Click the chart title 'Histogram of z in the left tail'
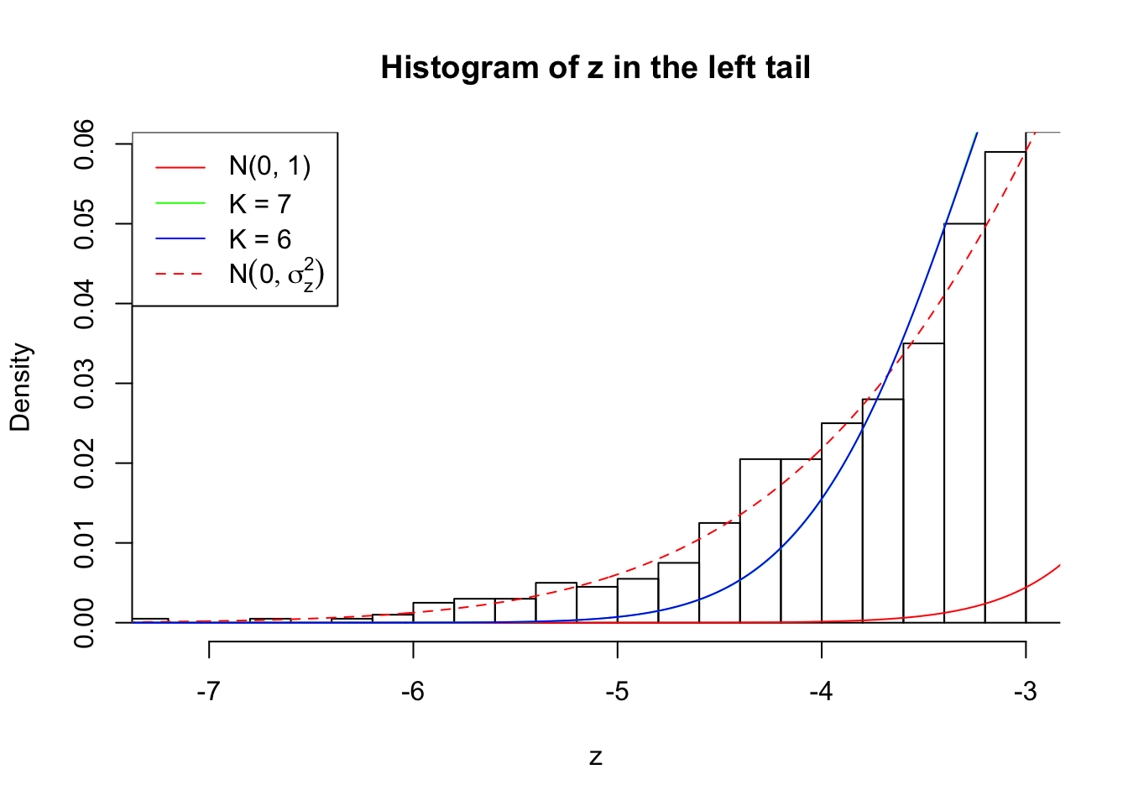tap(595, 68)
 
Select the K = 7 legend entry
tap(259, 203)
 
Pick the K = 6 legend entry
tap(259, 239)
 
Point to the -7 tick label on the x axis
tap(209, 692)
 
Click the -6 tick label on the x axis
tap(413, 692)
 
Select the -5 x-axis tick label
tap(617, 692)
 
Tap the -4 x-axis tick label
tap(821, 692)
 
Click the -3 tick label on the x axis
tap(1025, 692)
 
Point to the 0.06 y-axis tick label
tap(85, 144)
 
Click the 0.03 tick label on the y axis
tap(85, 384)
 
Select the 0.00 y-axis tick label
tap(85, 622)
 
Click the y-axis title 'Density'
tap(20, 387)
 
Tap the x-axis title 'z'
tap(595, 757)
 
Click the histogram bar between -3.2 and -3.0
tap(1005, 386)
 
